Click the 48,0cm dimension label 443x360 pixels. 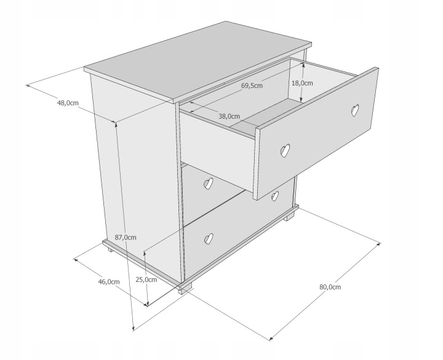[68, 103]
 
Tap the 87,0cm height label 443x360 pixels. [126, 238]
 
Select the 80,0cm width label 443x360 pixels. [330, 287]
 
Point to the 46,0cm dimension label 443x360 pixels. [109, 282]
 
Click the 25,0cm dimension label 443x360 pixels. [146, 280]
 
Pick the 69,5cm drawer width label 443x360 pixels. [252, 86]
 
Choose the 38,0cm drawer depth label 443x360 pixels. [229, 116]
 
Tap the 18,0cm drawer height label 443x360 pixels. [302, 83]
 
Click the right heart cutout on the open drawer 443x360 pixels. [355, 111]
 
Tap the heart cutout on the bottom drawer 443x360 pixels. [209, 239]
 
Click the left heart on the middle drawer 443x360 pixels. [208, 183]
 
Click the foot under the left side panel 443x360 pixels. [110, 250]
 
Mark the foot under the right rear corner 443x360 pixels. [289, 218]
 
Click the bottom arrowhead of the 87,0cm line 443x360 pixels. [134, 328]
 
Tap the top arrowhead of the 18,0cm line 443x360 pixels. [303, 65]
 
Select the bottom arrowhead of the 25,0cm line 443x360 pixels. [147, 303]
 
